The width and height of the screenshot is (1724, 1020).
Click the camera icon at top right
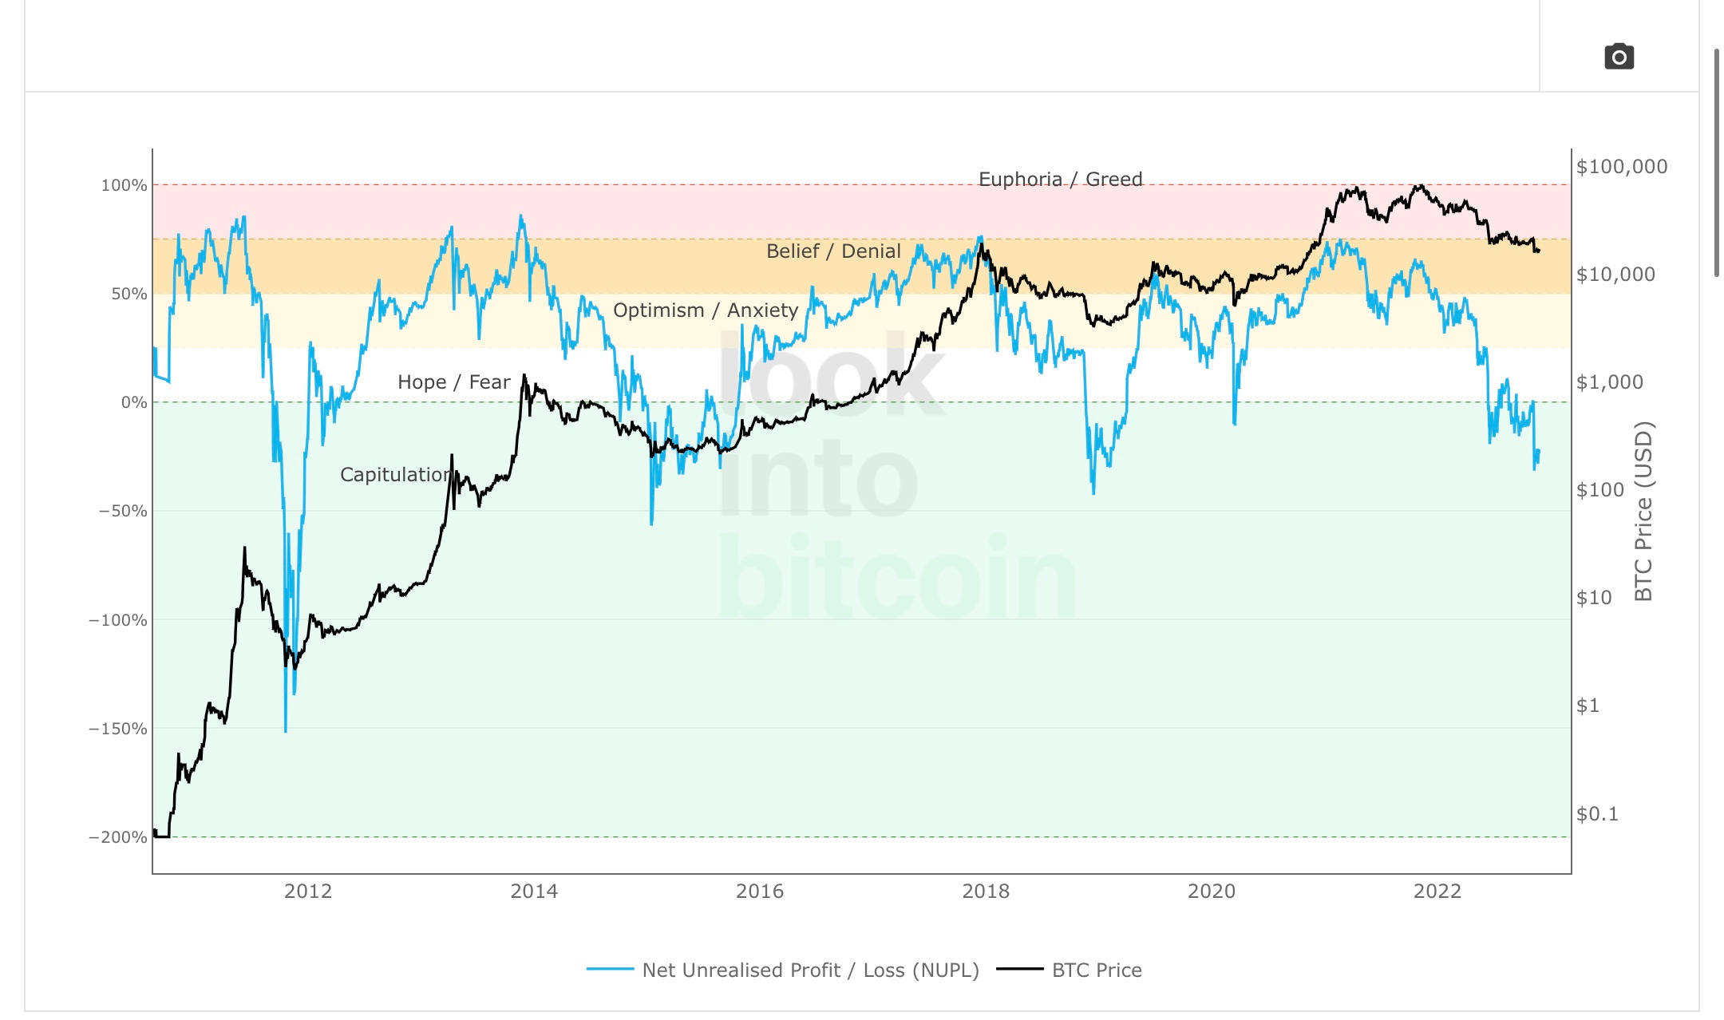click(1619, 57)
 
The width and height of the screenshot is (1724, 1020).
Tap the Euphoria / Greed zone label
click(1060, 179)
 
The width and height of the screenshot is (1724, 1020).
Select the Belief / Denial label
click(832, 251)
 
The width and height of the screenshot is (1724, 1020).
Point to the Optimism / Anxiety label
click(705, 310)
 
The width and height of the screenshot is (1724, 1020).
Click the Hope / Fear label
click(453, 382)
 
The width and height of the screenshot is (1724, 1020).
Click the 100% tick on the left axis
click(124, 185)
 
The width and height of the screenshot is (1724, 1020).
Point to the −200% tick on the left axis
click(118, 837)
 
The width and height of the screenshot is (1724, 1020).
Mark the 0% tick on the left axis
click(133, 402)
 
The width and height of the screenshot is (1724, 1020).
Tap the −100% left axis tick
click(118, 620)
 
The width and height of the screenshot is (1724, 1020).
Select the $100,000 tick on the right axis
click(1621, 167)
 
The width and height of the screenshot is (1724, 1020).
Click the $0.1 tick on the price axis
click(1596, 814)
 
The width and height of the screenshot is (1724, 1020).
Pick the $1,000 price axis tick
click(1609, 382)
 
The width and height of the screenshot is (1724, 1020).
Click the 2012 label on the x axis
click(308, 892)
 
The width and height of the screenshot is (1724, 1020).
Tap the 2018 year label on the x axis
click(985, 892)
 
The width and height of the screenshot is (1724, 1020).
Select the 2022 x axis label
click(1437, 892)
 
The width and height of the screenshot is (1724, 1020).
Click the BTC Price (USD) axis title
click(1643, 511)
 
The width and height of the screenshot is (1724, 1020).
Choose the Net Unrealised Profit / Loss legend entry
click(809, 970)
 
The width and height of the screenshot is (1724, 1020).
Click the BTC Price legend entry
click(1096, 970)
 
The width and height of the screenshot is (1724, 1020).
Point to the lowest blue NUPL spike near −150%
click(286, 729)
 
